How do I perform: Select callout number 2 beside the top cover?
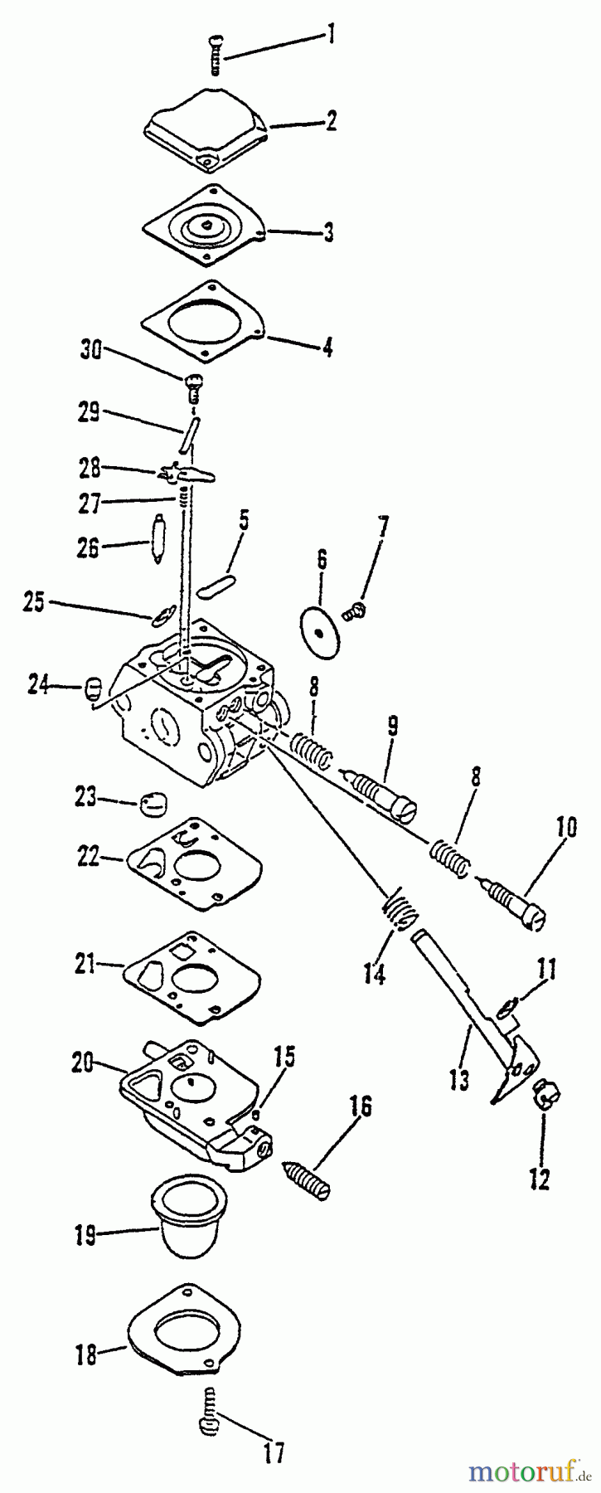[x=330, y=123]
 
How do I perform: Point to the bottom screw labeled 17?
[x=211, y=1419]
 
